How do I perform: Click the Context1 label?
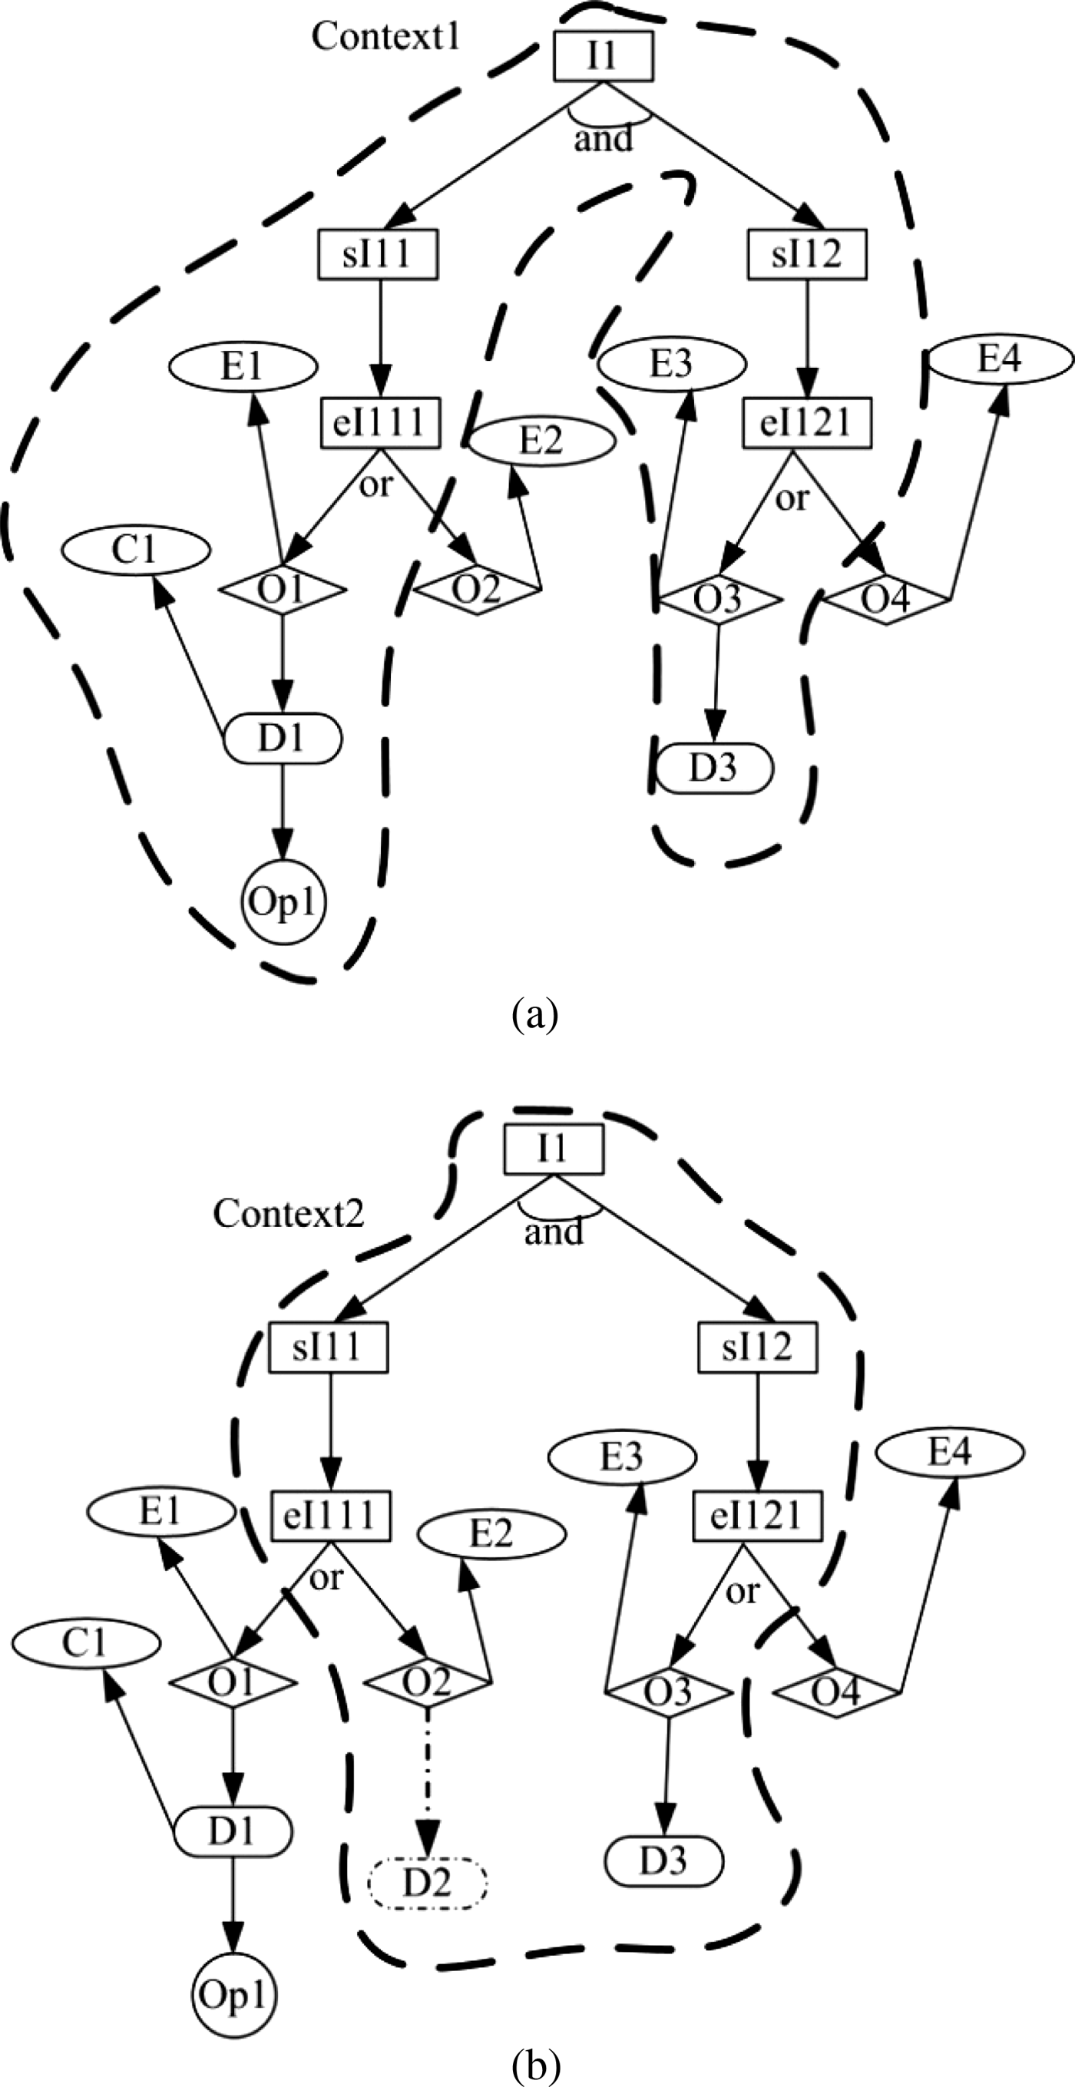click(x=385, y=36)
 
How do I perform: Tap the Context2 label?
click(x=289, y=1213)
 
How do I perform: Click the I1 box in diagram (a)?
click(x=603, y=56)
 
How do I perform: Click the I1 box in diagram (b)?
click(x=554, y=1149)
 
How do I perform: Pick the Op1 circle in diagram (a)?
click(x=283, y=901)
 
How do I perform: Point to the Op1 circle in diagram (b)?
click(x=233, y=1995)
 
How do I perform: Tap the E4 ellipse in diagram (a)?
click(x=1000, y=358)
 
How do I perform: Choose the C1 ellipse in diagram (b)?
click(x=85, y=1642)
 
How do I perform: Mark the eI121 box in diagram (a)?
click(x=806, y=422)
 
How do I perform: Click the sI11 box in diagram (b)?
click(x=327, y=1348)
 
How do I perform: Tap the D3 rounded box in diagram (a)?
click(x=713, y=767)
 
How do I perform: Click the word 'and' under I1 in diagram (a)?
click(x=603, y=139)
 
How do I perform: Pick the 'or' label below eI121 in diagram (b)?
click(x=742, y=1590)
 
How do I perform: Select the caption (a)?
click(x=534, y=1014)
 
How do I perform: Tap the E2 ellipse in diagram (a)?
click(x=541, y=442)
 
